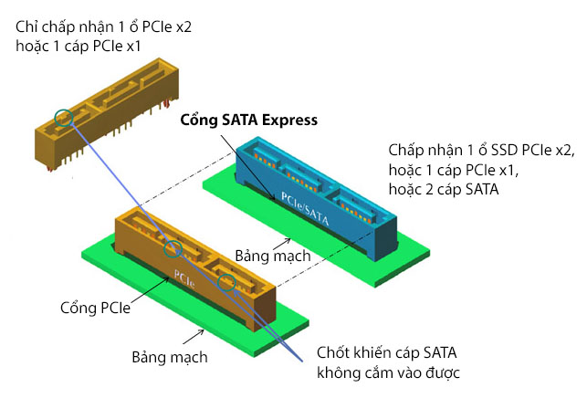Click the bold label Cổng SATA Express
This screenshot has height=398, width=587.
coord(248,120)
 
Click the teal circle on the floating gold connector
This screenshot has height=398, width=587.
coord(62,117)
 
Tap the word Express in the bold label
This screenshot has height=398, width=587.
coord(288,120)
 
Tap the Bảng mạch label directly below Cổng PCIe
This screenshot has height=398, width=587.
coord(170,356)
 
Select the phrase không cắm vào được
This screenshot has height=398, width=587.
coord(388,372)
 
